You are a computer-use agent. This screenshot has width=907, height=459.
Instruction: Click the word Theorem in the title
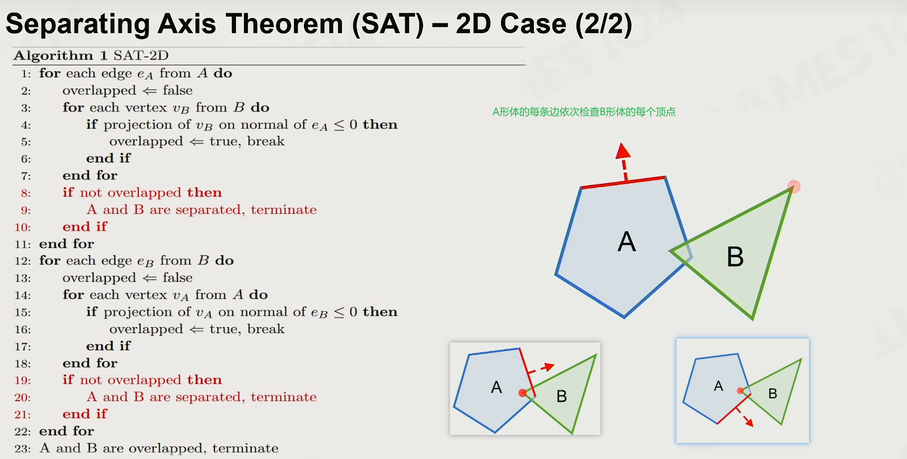[285, 24]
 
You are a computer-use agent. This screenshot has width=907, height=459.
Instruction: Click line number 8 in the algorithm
[26, 193]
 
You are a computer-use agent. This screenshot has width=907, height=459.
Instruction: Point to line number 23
[23, 449]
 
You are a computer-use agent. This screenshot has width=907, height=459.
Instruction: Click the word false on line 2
[177, 90]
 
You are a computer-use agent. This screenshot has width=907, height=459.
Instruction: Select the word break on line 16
[266, 328]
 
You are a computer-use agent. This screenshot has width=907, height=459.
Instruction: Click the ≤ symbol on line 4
[339, 125]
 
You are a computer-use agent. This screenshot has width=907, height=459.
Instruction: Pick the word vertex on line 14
[146, 295]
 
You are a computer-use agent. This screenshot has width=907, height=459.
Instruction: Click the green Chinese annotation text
[584, 112]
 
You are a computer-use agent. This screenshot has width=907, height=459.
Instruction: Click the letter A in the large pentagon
[626, 242]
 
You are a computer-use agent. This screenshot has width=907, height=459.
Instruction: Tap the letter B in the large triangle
[735, 256]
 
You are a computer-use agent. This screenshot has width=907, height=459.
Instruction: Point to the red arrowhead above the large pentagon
[622, 151]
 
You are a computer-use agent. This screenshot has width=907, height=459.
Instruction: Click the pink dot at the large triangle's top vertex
[794, 187]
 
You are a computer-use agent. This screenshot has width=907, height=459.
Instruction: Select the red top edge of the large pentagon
[623, 183]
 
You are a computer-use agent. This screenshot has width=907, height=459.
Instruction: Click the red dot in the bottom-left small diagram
[522, 392]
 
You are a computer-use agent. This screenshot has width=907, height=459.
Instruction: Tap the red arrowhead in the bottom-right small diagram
[750, 422]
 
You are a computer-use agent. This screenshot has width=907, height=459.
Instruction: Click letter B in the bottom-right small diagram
[772, 394]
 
